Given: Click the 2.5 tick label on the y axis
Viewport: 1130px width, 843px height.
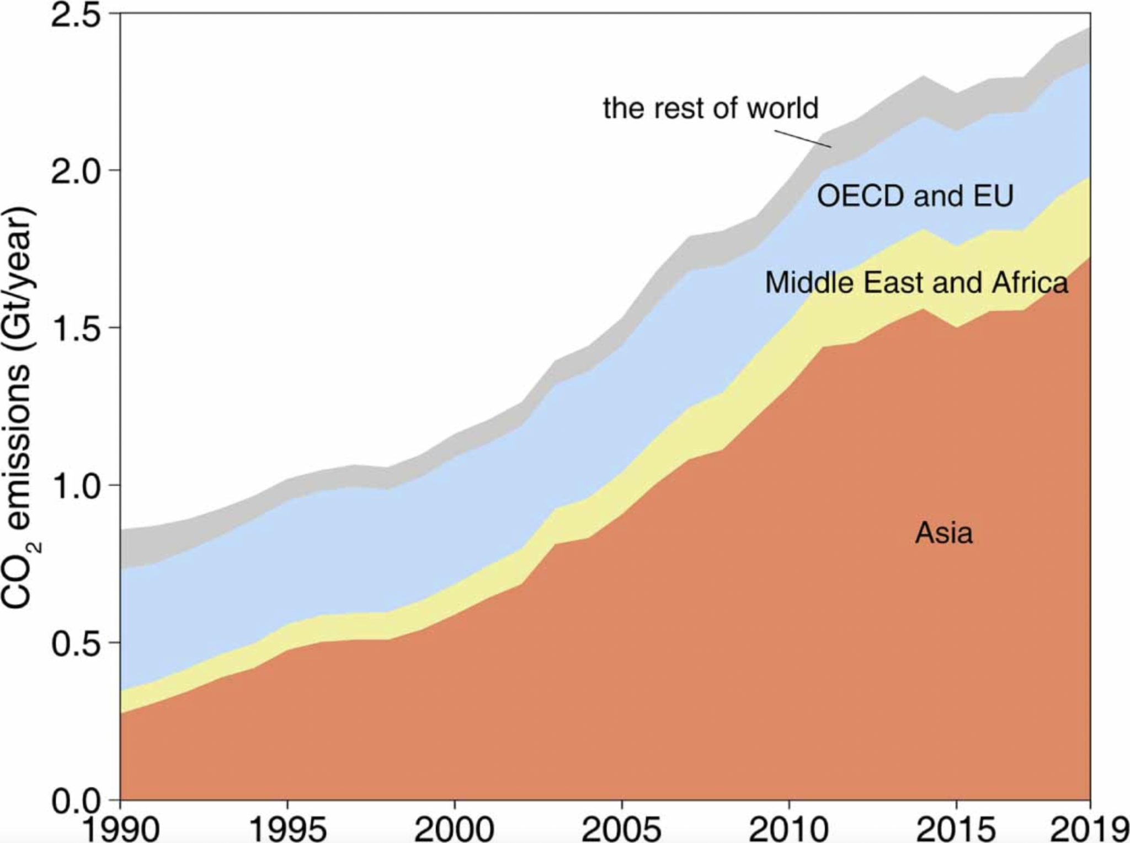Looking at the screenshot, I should pos(76,15).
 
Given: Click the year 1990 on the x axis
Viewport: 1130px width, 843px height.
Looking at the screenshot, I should pos(120,828).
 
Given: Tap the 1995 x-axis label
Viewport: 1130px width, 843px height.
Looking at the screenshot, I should pos(287,828).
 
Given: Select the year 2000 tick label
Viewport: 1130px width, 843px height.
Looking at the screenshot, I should pos(454,828).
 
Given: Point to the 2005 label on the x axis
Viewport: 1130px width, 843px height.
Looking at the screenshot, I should pos(621,828).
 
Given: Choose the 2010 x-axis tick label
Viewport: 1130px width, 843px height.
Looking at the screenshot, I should pos(788,828).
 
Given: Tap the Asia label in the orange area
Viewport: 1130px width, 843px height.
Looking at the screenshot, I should pos(944,533).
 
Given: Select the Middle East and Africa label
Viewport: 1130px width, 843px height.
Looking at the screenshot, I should pos(916,283).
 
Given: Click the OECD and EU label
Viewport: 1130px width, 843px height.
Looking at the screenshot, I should pos(915,196).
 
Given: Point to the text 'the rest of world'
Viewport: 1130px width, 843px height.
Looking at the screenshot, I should pos(710,108).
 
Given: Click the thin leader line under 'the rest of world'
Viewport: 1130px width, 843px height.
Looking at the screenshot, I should pos(803,138).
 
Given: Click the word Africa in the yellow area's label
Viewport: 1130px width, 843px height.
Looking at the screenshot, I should pos(1030,283).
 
